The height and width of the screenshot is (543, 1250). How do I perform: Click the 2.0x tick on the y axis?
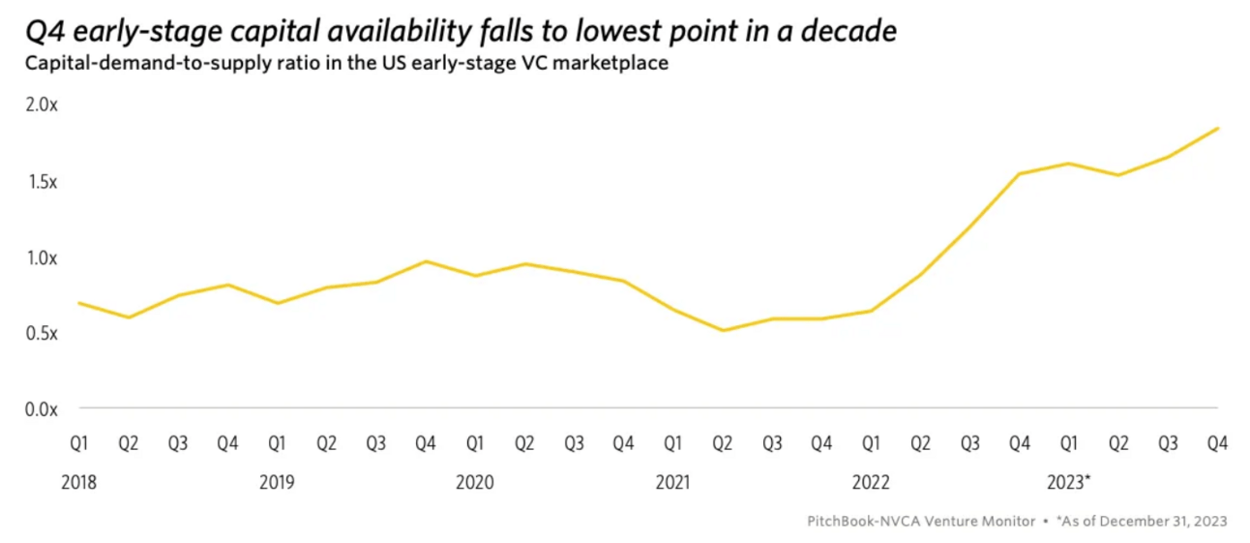(42, 106)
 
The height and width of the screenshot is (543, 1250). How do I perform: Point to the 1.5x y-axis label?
(42, 182)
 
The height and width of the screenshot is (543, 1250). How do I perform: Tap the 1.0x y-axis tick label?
(42, 258)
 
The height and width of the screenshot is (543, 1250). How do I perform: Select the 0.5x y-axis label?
(42, 333)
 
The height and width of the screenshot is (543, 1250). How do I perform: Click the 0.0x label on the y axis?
(42, 409)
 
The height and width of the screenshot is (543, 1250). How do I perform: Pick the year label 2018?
(79, 482)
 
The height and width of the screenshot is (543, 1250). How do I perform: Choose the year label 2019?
(277, 482)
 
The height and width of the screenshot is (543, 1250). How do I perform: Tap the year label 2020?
(474, 482)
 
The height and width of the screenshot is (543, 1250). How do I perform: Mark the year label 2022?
(870, 482)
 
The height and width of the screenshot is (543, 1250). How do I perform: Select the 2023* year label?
(1069, 482)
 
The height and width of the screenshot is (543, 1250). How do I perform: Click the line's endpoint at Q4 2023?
(1217, 128)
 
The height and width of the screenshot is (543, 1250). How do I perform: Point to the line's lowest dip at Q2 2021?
(722, 330)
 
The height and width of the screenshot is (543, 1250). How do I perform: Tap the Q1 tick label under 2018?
(79, 444)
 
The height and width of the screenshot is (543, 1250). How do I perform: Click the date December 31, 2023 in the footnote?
(1165, 521)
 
